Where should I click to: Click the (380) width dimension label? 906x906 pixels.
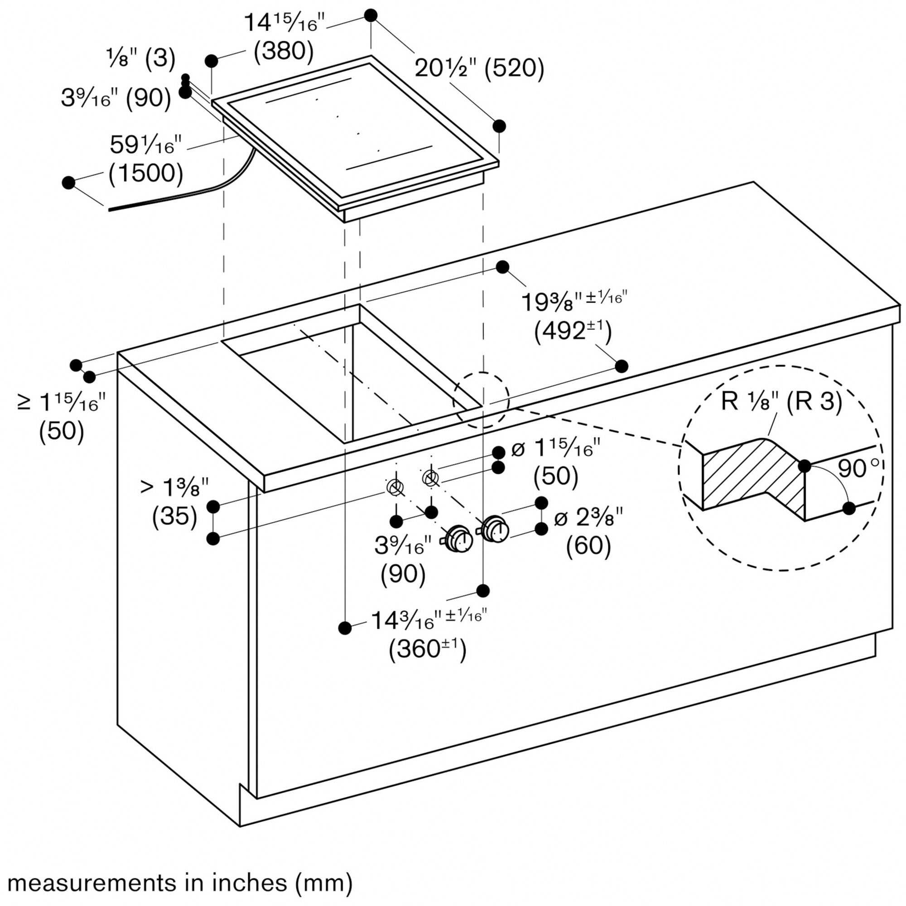point(283,51)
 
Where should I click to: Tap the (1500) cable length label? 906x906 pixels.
point(145,173)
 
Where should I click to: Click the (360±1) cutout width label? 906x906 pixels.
point(427,650)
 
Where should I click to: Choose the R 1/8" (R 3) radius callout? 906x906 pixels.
point(781,402)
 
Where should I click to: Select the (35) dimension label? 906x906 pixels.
point(174,516)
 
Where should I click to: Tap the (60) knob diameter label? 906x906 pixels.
point(588,545)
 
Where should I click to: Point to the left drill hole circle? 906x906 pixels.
point(395,487)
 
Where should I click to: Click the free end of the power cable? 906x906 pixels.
point(111,210)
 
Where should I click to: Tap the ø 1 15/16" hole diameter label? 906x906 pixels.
point(555,449)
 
